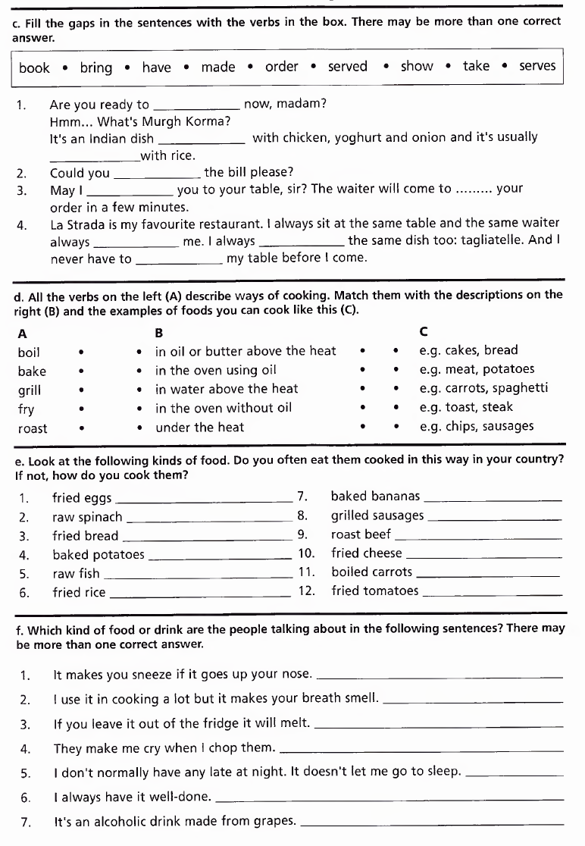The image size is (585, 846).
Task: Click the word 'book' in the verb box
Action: [x=34, y=67]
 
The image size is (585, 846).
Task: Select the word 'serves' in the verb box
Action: [x=537, y=66]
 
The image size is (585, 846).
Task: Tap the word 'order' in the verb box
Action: [x=281, y=67]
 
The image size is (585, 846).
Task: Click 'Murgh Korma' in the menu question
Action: [x=196, y=121]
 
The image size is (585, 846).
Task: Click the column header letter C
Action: [x=423, y=332]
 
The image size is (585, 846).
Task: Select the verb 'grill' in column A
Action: [x=30, y=390]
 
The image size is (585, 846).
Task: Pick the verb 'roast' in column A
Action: [x=33, y=428]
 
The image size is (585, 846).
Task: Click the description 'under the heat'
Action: [x=200, y=428]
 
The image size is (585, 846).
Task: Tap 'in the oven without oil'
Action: [x=224, y=408]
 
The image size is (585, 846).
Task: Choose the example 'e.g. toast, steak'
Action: [x=466, y=407]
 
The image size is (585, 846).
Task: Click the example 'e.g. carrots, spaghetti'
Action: [x=483, y=388]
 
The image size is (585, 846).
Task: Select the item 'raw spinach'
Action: [x=87, y=517]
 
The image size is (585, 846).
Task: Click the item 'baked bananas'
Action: [x=375, y=497]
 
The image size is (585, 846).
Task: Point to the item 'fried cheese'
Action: [x=367, y=553]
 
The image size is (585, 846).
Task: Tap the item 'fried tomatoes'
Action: [x=374, y=591]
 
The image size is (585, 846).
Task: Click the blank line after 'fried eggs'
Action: [x=205, y=500]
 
